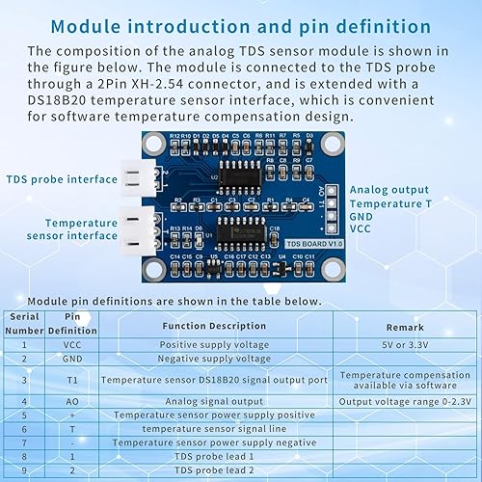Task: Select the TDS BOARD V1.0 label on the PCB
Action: pos(294,244)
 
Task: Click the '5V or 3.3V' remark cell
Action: pos(404,344)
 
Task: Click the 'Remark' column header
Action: pos(404,327)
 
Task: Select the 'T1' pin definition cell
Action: pos(72,380)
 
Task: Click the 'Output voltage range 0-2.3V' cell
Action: pos(404,400)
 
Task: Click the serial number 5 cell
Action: pos(23,415)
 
